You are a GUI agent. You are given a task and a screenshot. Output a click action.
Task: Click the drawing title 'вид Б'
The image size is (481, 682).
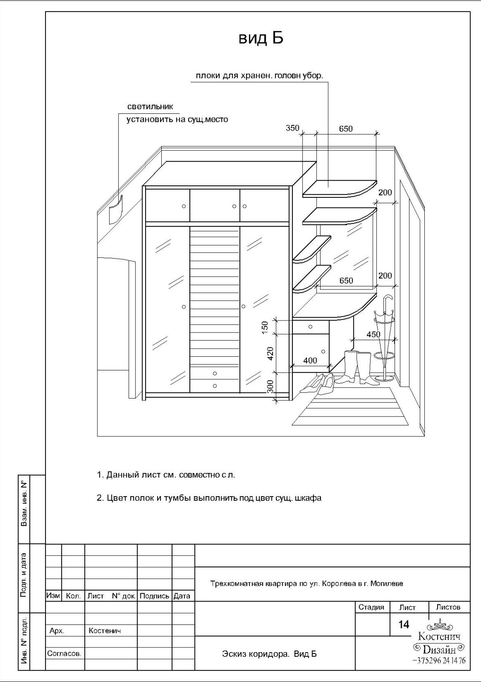coord(261,38)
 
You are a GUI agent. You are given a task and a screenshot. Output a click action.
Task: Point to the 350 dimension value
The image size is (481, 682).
coord(292,128)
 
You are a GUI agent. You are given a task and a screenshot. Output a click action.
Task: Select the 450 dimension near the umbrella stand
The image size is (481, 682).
coord(373,335)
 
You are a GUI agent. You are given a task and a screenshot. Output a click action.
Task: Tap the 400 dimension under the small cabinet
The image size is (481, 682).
coord(310,361)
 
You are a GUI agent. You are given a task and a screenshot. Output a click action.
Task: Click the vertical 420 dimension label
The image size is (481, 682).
coord(270,353)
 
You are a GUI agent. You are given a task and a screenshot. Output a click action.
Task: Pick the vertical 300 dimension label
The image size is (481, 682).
coord(270,387)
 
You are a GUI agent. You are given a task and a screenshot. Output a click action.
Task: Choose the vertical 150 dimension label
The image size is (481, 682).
coord(265,327)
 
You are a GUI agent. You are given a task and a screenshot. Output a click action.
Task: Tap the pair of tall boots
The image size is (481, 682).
coord(358,367)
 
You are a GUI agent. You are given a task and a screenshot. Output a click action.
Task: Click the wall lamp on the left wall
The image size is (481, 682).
coord(115,209)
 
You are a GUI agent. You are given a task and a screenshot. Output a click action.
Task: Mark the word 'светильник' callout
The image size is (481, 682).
coord(150,107)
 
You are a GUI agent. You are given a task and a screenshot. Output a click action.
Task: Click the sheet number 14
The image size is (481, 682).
coord(404,624)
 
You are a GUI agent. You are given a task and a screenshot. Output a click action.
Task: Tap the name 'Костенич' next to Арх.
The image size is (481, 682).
coord(105,631)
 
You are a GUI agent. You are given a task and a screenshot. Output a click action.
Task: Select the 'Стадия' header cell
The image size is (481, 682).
coord(371,607)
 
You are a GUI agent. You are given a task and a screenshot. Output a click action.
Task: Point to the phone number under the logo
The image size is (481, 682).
coord(438,661)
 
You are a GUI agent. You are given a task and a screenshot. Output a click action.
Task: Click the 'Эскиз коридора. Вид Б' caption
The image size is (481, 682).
coord(269,654)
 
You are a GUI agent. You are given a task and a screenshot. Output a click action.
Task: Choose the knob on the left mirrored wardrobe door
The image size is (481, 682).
coord(184,307)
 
